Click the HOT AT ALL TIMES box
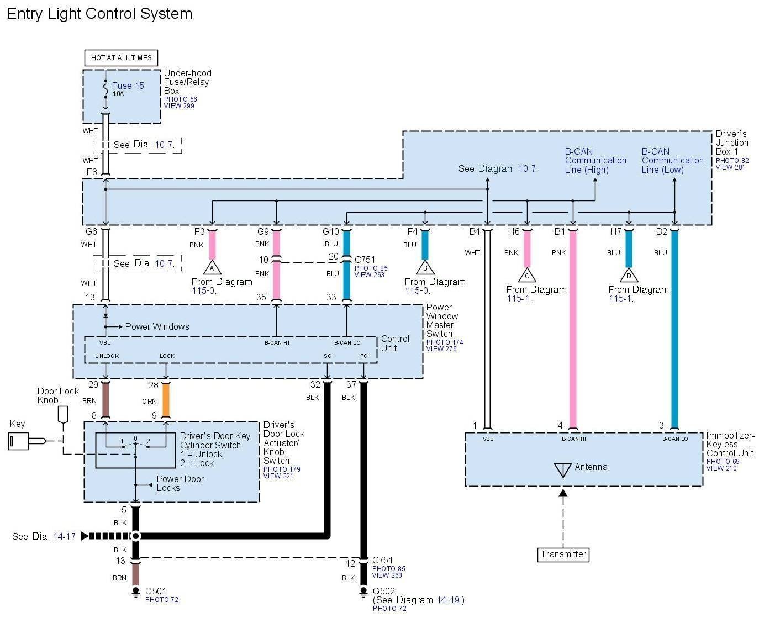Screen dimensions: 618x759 point(121,57)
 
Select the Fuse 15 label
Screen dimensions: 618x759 point(128,86)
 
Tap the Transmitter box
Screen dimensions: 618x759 point(563,554)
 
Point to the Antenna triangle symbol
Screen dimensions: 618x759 point(562,469)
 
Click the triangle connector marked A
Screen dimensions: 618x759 point(212,268)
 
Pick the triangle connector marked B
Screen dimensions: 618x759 point(425,268)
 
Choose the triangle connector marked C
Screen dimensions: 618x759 point(527,276)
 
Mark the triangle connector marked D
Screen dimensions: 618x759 point(629,276)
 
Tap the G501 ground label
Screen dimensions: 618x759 point(156,591)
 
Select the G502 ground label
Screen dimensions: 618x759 point(384,591)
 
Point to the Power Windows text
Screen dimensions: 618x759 point(157,326)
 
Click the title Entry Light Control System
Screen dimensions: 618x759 point(99,14)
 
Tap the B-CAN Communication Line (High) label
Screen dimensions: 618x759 point(595,161)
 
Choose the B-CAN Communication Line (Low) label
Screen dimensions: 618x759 point(672,161)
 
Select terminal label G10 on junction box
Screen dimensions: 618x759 point(331,231)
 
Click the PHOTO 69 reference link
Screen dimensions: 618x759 point(723,461)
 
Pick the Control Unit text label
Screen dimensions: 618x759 point(395,343)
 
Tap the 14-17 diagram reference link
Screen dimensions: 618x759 point(64,536)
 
